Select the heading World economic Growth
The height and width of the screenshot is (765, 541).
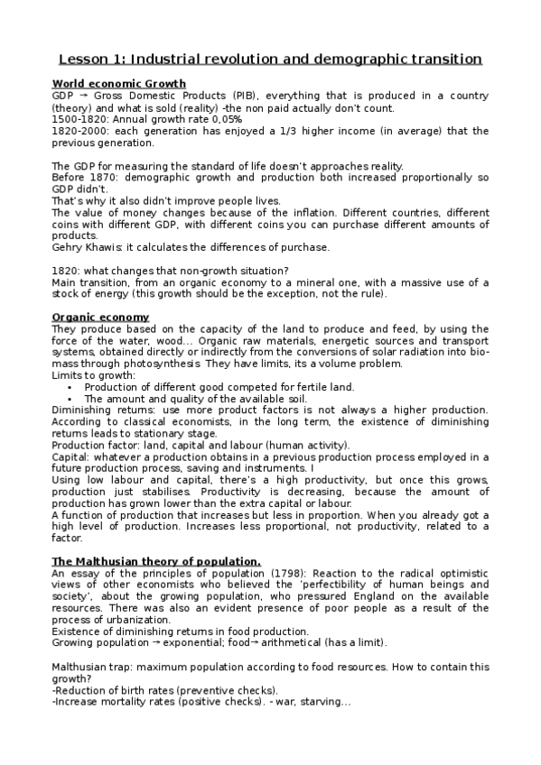118,84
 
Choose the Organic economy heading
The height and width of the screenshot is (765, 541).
100,318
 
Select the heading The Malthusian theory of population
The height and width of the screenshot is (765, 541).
156,562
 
